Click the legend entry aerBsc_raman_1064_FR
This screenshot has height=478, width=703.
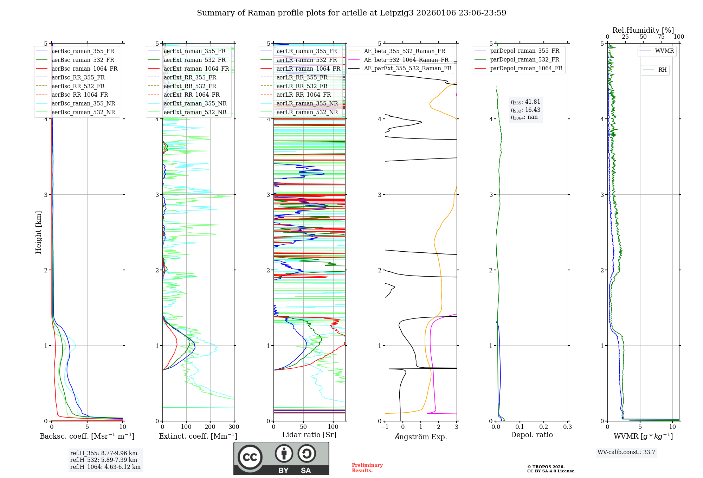point(84,69)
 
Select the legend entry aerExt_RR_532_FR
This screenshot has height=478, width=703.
point(190,86)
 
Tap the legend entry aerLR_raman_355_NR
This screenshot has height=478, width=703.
point(307,103)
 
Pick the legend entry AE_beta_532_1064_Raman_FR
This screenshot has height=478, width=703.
point(406,60)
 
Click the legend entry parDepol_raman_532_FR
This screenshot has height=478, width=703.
point(524,60)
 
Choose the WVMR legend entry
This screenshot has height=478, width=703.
point(664,51)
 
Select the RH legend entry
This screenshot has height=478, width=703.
point(662,70)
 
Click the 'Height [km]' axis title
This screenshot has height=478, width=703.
point(38,232)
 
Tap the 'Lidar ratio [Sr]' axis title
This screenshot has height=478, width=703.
point(309,435)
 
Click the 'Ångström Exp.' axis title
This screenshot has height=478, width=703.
point(421,437)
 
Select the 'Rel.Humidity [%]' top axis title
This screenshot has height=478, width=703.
point(643,30)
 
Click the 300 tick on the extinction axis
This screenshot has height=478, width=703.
point(234,427)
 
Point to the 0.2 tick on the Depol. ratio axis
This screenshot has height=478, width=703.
point(544,427)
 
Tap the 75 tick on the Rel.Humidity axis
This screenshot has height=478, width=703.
point(661,37)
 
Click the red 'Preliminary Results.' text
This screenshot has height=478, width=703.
point(367,468)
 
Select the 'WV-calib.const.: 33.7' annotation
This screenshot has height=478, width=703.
point(626,452)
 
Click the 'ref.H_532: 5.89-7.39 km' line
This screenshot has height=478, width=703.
point(104,460)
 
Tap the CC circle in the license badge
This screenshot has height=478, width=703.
point(250,457)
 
